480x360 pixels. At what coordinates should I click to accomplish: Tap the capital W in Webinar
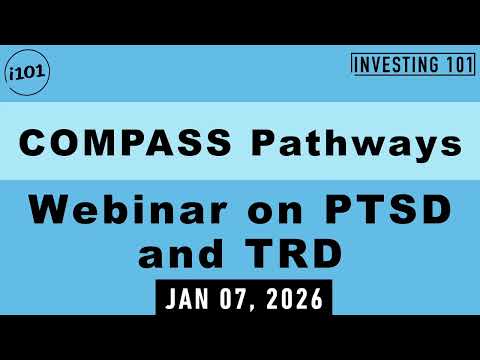45,212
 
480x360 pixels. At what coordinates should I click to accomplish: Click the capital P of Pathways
267,142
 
